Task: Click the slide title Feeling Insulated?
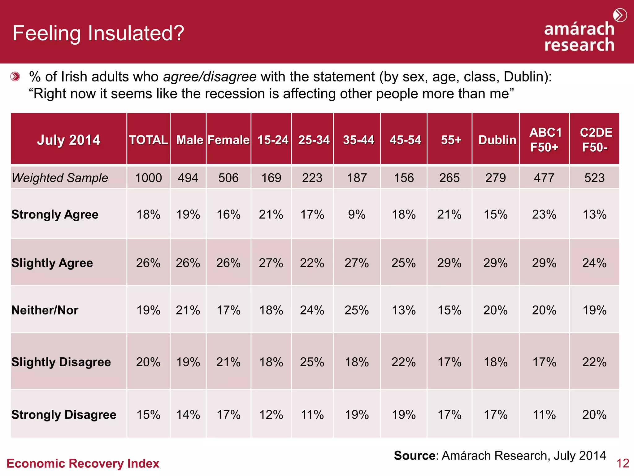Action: tap(98, 33)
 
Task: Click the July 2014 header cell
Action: tap(68, 140)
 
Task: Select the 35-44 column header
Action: tap(358, 140)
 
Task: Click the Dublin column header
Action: tap(497, 140)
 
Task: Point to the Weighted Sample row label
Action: tap(60, 178)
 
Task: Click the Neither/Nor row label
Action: tap(45, 310)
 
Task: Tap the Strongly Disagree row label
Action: tap(64, 415)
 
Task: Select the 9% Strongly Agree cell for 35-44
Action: tap(357, 214)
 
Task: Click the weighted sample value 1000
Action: tap(148, 178)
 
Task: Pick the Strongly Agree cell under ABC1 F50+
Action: tap(544, 214)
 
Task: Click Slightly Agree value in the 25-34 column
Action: tap(312, 263)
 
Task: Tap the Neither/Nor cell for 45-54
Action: tap(403, 310)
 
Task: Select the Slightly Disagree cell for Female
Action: tap(228, 362)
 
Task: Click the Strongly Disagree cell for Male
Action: tap(188, 415)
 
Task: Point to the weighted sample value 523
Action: tap(594, 178)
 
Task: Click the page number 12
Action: tap(623, 464)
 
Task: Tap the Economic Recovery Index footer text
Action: tap(83, 464)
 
